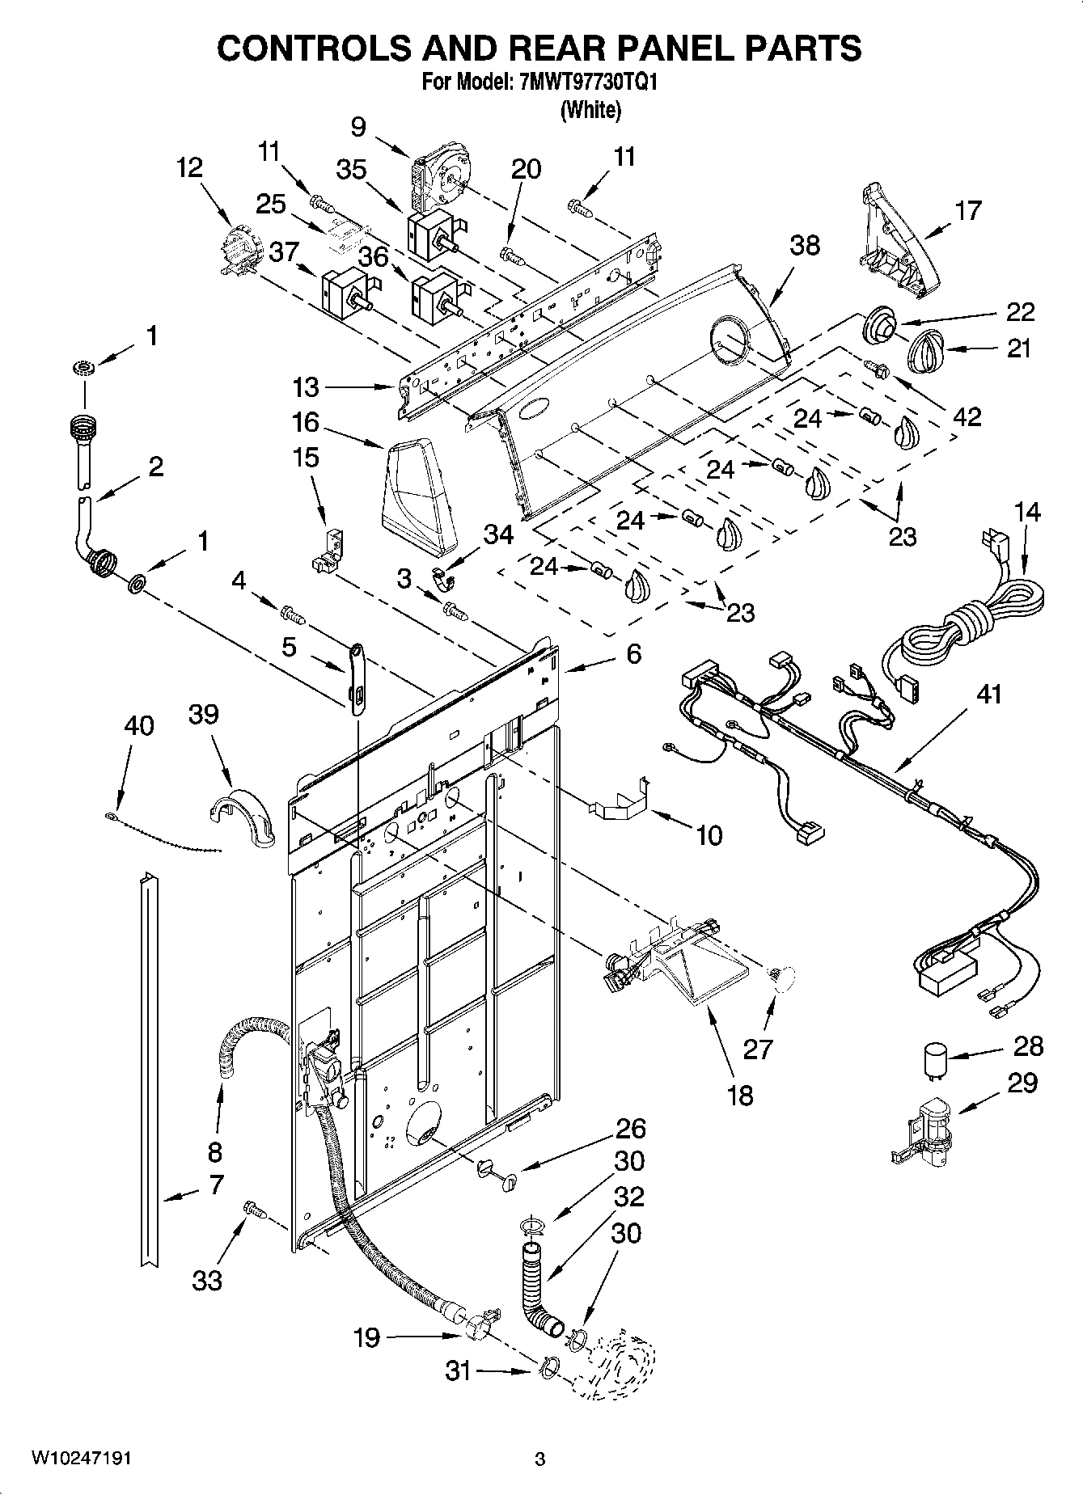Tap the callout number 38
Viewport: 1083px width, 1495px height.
pyautogui.click(x=805, y=245)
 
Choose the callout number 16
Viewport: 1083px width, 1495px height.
pyautogui.click(x=306, y=423)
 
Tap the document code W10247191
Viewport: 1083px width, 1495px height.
pyautogui.click(x=82, y=1459)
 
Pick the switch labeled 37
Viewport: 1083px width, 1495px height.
pyautogui.click(x=345, y=293)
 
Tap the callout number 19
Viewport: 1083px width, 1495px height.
pyautogui.click(x=367, y=1337)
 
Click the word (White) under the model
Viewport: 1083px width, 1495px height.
pyautogui.click(x=591, y=110)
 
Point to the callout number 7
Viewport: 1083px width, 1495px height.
pyautogui.click(x=215, y=1185)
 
